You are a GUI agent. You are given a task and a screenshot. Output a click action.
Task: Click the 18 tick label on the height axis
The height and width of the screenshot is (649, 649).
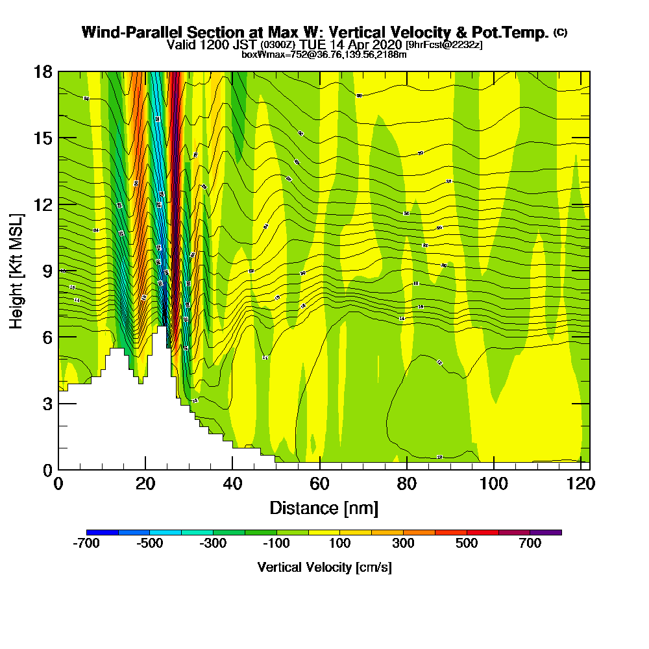[x=43, y=71]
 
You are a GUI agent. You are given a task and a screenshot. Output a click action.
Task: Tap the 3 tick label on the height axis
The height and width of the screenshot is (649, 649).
[x=47, y=404]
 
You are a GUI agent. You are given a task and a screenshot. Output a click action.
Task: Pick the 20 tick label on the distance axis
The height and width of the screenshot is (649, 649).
[x=145, y=484]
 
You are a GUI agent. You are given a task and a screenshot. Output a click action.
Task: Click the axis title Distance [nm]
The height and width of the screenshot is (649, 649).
[x=324, y=508]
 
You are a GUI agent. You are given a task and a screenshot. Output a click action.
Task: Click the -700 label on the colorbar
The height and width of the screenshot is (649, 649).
[x=87, y=544]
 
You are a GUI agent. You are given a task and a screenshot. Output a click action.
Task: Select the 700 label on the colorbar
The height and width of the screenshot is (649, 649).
[x=530, y=544]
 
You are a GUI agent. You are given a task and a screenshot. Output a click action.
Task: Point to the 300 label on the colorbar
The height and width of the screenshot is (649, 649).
[x=404, y=544]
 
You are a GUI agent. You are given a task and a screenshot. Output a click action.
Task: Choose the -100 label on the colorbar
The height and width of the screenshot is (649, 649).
[x=277, y=544]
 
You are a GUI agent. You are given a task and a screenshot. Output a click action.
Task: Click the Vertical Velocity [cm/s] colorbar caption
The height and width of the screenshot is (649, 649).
[x=324, y=567]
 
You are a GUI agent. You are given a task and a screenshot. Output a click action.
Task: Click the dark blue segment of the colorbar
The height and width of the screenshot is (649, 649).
[x=103, y=532]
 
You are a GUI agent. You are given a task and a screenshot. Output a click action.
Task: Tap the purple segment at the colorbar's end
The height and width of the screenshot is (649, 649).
[x=546, y=532]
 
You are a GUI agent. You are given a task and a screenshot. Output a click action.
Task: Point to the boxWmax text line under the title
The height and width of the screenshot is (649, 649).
[x=324, y=55]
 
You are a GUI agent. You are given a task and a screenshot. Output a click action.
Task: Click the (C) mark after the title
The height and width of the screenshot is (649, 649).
[x=560, y=32]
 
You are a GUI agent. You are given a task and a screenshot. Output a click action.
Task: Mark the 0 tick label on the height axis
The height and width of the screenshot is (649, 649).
[x=47, y=470]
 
